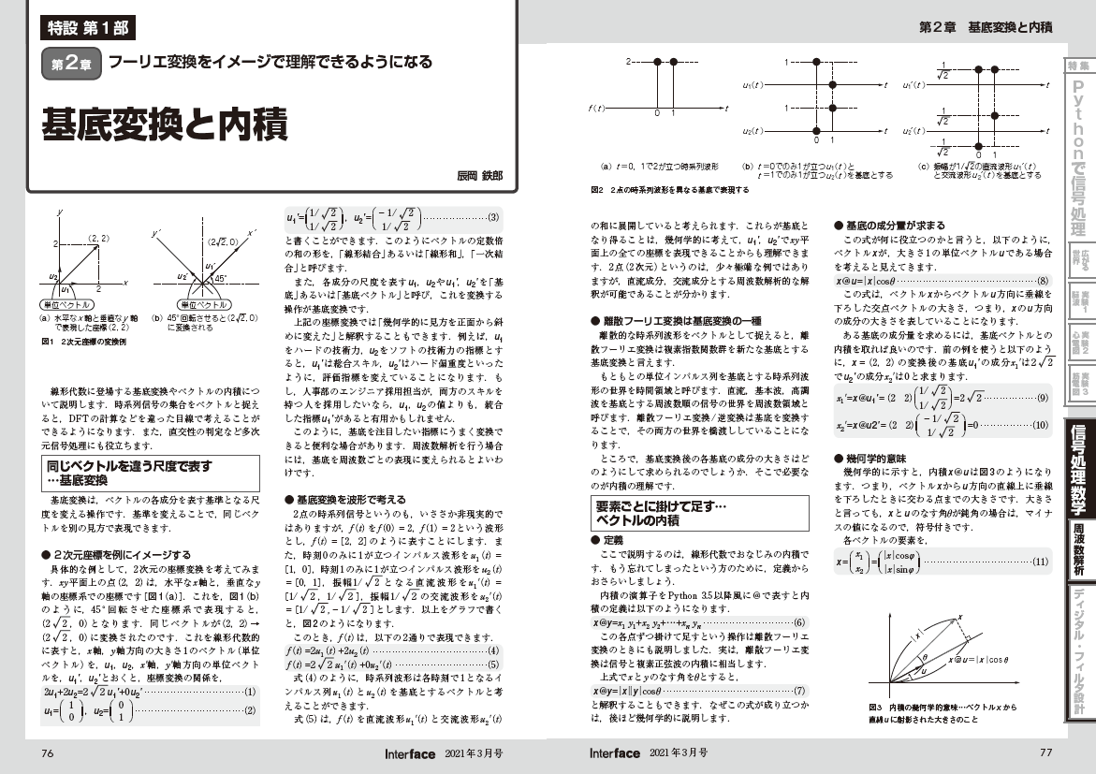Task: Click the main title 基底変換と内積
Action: (164, 124)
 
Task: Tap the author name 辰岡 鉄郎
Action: (478, 175)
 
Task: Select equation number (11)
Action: (1039, 563)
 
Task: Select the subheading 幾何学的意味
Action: (880, 459)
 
